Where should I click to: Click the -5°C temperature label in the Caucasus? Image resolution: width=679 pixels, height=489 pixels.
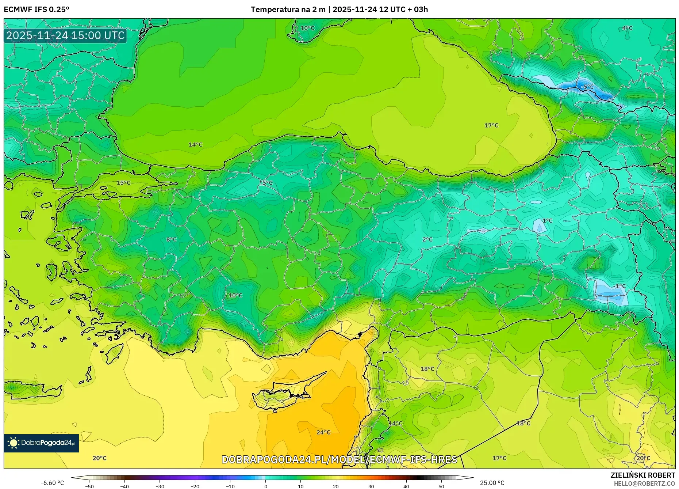click(x=587, y=87)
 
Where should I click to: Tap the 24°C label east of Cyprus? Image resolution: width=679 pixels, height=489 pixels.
click(x=323, y=432)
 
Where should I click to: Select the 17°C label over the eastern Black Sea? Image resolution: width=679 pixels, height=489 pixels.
click(x=491, y=125)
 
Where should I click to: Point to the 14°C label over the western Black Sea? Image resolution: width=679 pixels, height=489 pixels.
click(x=195, y=145)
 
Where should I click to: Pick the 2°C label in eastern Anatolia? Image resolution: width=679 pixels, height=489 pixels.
click(x=427, y=239)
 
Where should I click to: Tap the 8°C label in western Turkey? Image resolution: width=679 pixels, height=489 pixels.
click(x=171, y=239)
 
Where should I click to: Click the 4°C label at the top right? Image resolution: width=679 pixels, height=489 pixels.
click(x=627, y=28)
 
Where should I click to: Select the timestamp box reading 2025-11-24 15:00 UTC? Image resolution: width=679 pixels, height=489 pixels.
click(x=65, y=35)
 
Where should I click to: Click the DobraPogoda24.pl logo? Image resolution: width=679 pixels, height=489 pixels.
click(x=41, y=443)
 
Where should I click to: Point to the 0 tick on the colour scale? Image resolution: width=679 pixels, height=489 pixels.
click(x=265, y=486)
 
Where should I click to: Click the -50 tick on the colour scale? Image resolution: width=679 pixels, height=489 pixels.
click(x=89, y=486)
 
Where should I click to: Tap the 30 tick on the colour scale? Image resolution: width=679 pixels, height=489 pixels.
click(x=371, y=486)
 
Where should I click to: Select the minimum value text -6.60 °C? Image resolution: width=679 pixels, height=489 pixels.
click(x=52, y=483)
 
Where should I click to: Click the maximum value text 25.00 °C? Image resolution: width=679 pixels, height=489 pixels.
click(x=492, y=483)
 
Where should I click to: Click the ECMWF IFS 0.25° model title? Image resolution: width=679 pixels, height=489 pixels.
click(x=37, y=9)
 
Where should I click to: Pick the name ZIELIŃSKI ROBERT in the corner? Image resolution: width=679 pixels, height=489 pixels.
click(x=642, y=475)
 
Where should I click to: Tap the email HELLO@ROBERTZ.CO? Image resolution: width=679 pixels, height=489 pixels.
click(x=644, y=484)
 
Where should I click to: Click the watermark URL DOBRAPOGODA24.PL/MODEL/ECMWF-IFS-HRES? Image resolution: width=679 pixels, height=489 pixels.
click(x=339, y=459)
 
